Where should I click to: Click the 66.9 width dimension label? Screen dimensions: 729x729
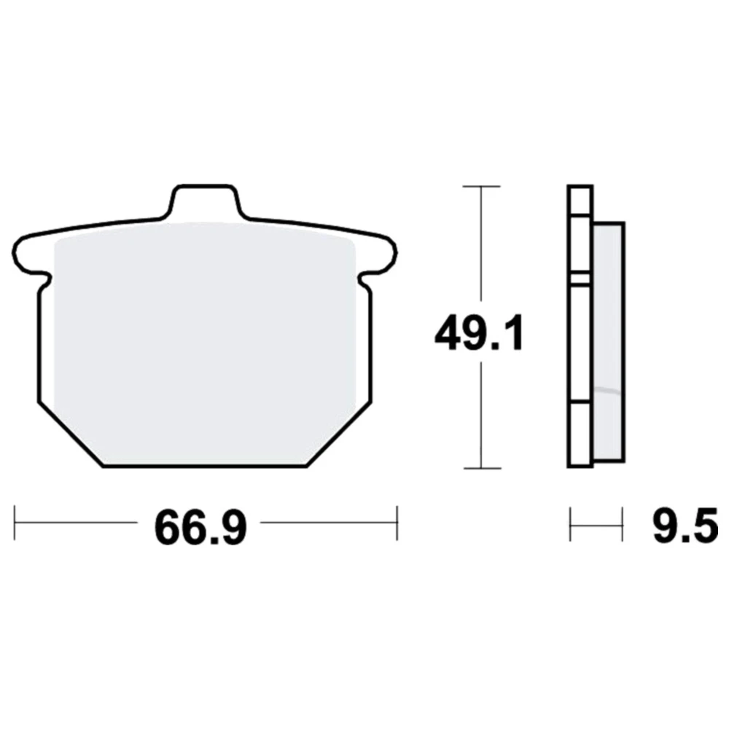click(x=200, y=528)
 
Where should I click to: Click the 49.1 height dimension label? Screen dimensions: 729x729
click(x=480, y=333)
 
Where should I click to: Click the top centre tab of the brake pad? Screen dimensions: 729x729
click(x=203, y=201)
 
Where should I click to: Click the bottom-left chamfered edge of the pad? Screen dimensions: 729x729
click(x=70, y=434)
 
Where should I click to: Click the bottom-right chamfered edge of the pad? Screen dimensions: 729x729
click(x=339, y=434)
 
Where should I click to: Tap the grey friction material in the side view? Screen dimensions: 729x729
click(x=609, y=342)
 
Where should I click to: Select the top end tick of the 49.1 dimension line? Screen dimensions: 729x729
click(x=481, y=187)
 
